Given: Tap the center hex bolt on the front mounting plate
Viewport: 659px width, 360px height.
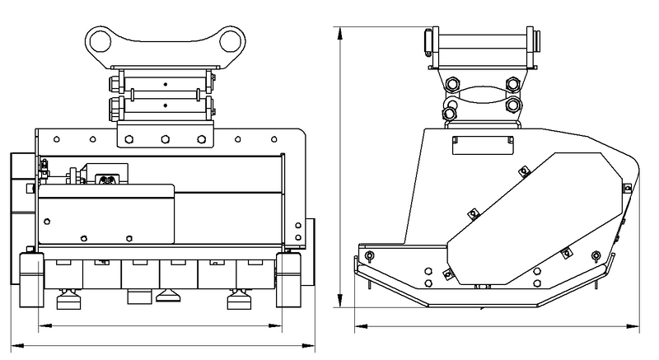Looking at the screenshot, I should [165, 138].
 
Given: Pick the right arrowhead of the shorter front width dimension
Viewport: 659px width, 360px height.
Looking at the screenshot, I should [280, 327].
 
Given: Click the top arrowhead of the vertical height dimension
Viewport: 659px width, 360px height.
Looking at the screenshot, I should [340, 30].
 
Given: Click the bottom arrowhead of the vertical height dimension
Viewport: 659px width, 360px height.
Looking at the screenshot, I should [340, 304].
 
